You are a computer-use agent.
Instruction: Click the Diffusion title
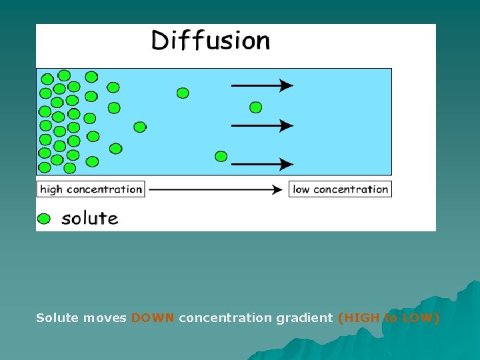[211, 41]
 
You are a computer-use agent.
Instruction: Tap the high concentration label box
[91, 189]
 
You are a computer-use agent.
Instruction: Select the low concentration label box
[340, 189]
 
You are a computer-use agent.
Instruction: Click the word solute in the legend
[90, 218]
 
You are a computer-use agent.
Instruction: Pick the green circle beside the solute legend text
[44, 219]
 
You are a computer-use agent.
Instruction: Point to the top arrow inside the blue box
[261, 85]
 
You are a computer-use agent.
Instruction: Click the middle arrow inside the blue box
[261, 125]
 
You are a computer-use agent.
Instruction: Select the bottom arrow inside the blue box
[261, 163]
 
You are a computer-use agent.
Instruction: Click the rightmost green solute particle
[255, 107]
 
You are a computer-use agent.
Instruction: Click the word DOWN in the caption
[153, 318]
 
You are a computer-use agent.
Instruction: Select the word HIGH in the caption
[360, 318]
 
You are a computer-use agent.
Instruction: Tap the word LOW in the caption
[419, 318]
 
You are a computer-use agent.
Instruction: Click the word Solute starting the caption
[57, 318]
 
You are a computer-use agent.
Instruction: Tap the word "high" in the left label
[51, 189]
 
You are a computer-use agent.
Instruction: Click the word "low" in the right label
[301, 189]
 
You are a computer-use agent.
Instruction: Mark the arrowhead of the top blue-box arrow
[287, 85]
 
